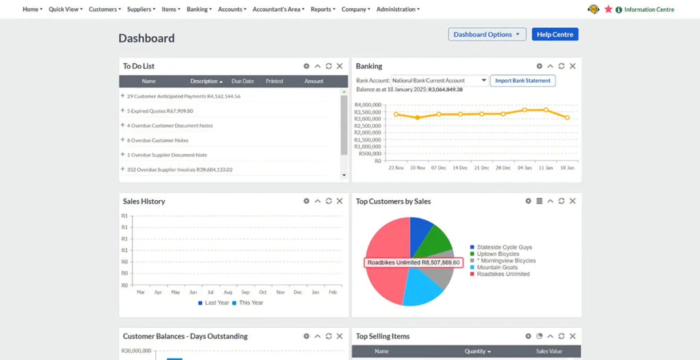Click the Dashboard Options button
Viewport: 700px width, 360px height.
coord(487,34)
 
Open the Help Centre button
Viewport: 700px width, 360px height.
coord(554,34)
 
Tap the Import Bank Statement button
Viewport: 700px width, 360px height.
coord(523,81)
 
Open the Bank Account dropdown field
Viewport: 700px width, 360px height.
coord(440,81)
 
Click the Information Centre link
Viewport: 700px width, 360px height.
coord(649,10)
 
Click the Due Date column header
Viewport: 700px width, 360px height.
coord(243,81)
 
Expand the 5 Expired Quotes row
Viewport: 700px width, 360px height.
coord(123,111)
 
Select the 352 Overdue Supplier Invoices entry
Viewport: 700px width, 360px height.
coord(179,169)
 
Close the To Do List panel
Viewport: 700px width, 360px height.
coord(340,66)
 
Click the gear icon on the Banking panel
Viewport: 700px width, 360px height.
coord(539,66)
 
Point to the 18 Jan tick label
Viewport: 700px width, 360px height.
coord(567,167)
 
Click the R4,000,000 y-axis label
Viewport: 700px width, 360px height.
coord(368,105)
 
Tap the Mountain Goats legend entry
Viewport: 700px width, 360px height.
coord(497,267)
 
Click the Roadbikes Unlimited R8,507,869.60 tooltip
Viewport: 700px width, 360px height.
coord(413,262)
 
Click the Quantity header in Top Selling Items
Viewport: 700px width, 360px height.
coord(478,351)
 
